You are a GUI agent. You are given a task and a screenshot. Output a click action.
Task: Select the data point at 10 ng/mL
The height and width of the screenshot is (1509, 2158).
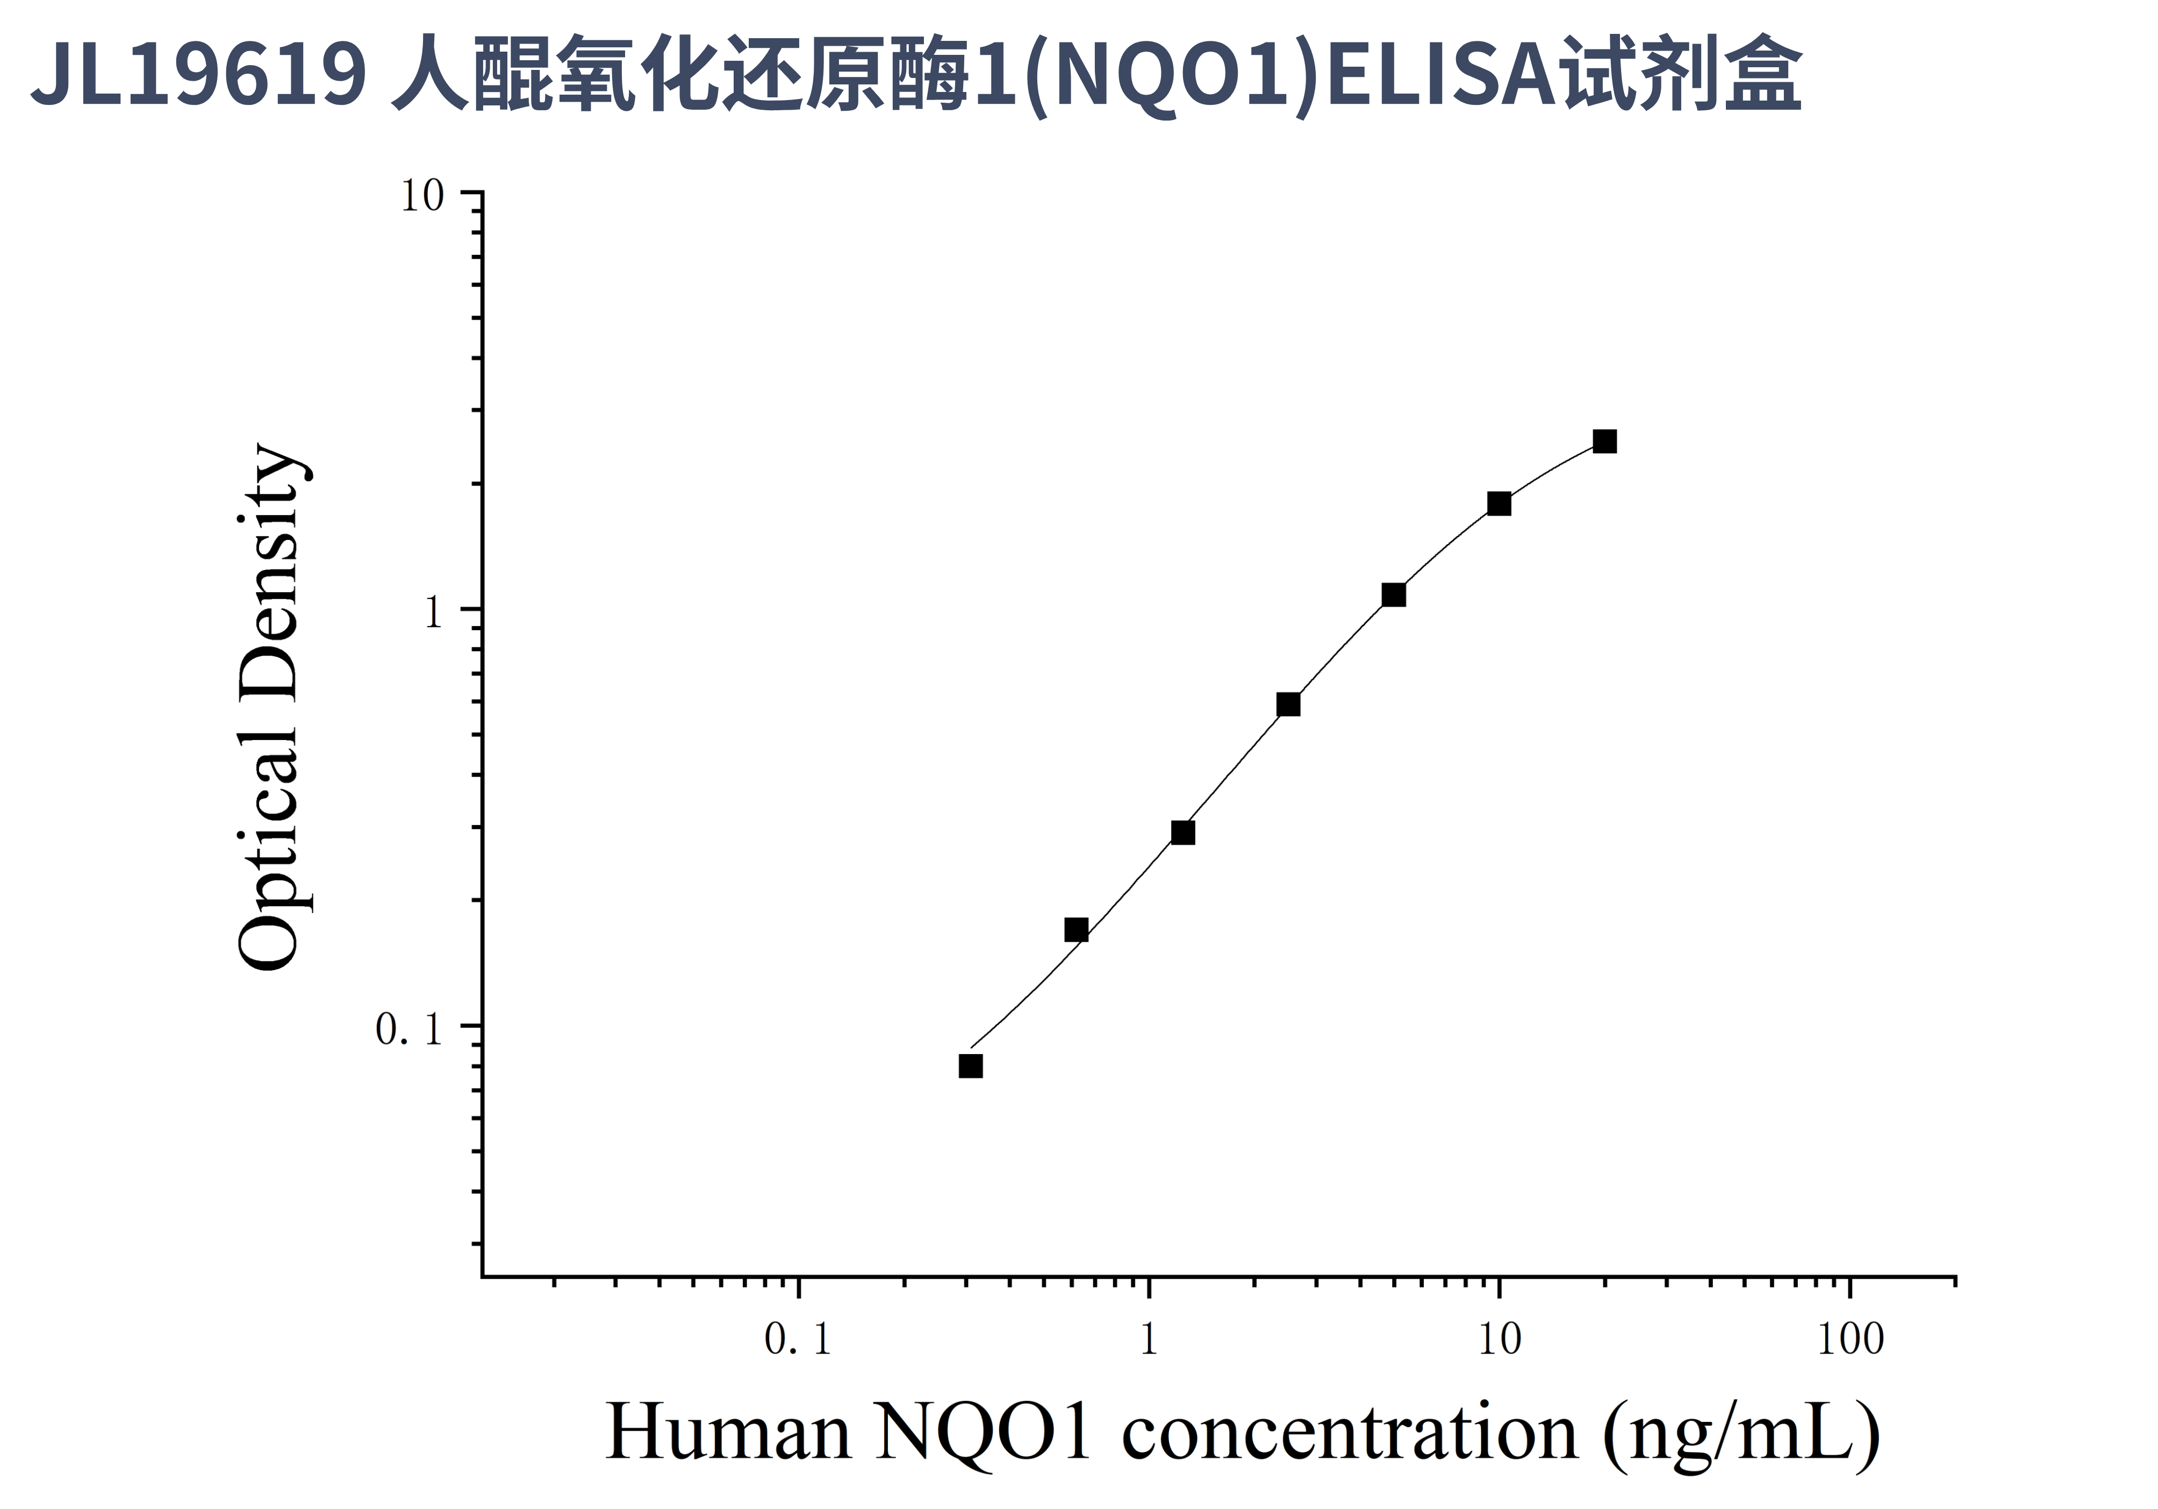coord(1499,504)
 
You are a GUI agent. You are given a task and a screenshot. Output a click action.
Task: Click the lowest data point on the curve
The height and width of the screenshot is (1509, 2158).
coord(971,1066)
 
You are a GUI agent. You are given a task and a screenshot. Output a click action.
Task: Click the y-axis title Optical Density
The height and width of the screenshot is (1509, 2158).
coord(270,707)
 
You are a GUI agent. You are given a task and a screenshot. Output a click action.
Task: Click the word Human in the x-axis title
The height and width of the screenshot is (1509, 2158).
coord(728,1433)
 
